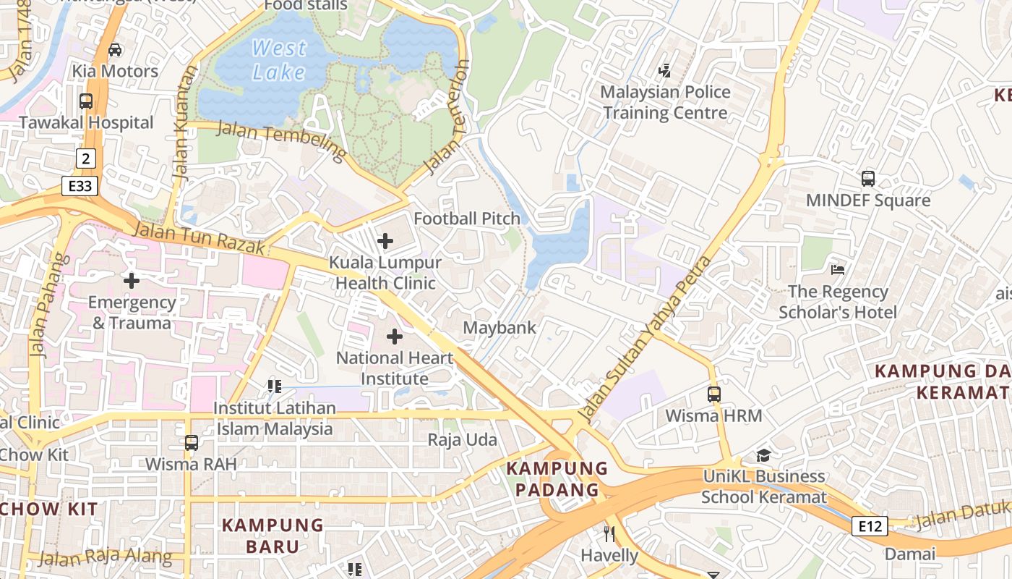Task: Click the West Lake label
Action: (x=279, y=60)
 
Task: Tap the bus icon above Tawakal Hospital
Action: (x=86, y=101)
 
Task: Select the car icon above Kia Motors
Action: (x=114, y=49)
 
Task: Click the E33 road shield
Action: (x=80, y=186)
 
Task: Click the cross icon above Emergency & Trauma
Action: (x=132, y=280)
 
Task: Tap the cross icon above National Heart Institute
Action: (x=395, y=337)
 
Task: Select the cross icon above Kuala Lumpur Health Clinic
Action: (x=385, y=240)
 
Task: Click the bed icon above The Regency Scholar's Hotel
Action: (x=838, y=270)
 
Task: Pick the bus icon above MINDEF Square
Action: (x=868, y=178)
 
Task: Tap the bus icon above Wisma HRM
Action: (x=714, y=394)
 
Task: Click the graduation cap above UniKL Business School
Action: (x=763, y=455)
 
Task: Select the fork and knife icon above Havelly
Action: (x=609, y=534)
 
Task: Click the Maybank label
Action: (x=499, y=328)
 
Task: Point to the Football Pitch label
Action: (x=466, y=219)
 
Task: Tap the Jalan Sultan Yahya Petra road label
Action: (x=646, y=340)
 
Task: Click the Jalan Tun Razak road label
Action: (x=200, y=238)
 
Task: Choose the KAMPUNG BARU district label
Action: (x=273, y=536)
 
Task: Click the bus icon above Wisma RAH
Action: (x=192, y=442)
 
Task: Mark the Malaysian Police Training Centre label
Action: (x=665, y=102)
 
